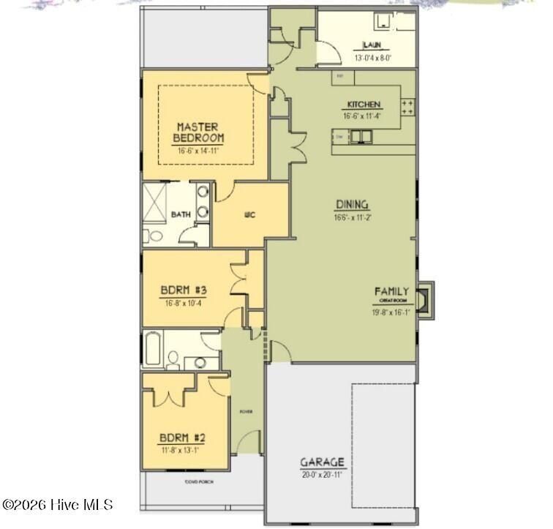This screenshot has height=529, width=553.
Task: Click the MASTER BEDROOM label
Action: point(198,132)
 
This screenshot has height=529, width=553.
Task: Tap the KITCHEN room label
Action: point(364,105)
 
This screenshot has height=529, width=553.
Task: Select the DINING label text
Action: point(352,205)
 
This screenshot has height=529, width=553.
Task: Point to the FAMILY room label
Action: point(392,291)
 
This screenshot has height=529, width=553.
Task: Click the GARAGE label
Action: point(322,462)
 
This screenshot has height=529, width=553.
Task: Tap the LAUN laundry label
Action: point(372,45)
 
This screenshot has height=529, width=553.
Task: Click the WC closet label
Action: point(249,214)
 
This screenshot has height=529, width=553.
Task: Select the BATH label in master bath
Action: point(180,214)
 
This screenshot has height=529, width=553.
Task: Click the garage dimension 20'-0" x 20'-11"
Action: point(322,474)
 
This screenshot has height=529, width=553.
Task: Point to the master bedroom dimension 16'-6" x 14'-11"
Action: point(198,150)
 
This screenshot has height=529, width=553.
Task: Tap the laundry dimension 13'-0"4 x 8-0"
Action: point(372,57)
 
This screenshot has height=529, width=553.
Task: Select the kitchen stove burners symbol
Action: point(408,108)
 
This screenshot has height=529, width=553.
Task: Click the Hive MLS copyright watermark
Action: point(58,505)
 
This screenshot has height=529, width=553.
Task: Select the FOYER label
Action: point(246,412)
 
